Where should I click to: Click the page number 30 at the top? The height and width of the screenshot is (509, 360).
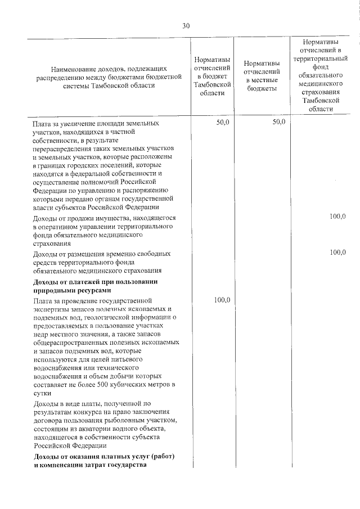pyautogui.click(x=187, y=25)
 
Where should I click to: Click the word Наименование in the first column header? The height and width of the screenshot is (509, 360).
pyautogui.click(x=74, y=67)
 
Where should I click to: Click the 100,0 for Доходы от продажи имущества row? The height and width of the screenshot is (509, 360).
pyautogui.click(x=337, y=217)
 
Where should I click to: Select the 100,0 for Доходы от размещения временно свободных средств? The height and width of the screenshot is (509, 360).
pyautogui.click(x=337, y=252)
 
